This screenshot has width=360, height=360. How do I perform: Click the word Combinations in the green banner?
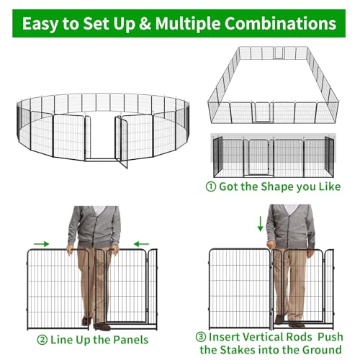click(280, 24)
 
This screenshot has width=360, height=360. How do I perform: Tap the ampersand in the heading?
click(145, 24)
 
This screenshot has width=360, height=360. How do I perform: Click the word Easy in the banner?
click(40, 24)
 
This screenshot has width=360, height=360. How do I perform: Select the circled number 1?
click(211, 186)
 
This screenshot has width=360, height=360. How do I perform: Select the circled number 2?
click(42, 340)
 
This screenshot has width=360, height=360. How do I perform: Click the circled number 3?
click(201, 337)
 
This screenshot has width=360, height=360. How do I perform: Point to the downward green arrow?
click(260, 224)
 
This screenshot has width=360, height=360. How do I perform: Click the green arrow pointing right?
click(41, 244)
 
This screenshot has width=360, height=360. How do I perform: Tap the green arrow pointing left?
click(141, 244)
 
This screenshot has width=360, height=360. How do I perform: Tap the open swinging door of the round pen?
click(121, 142)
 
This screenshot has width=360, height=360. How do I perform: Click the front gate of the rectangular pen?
click(262, 112)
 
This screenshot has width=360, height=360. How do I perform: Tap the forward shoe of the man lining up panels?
click(102, 326)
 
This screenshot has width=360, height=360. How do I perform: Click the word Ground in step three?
click(322, 350)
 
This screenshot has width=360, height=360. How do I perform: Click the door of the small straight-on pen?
click(258, 157)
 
